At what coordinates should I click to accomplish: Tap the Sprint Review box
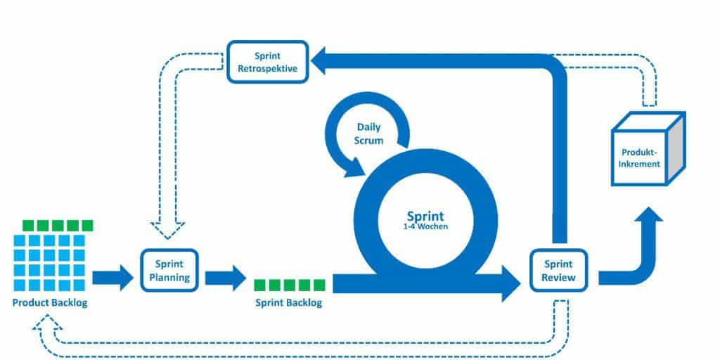[x=559, y=270]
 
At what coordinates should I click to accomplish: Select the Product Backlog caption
[x=49, y=303]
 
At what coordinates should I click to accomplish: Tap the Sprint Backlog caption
[x=288, y=303]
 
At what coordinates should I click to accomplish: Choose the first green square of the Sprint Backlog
[x=259, y=284]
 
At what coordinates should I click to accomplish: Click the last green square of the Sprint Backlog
[x=319, y=284]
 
